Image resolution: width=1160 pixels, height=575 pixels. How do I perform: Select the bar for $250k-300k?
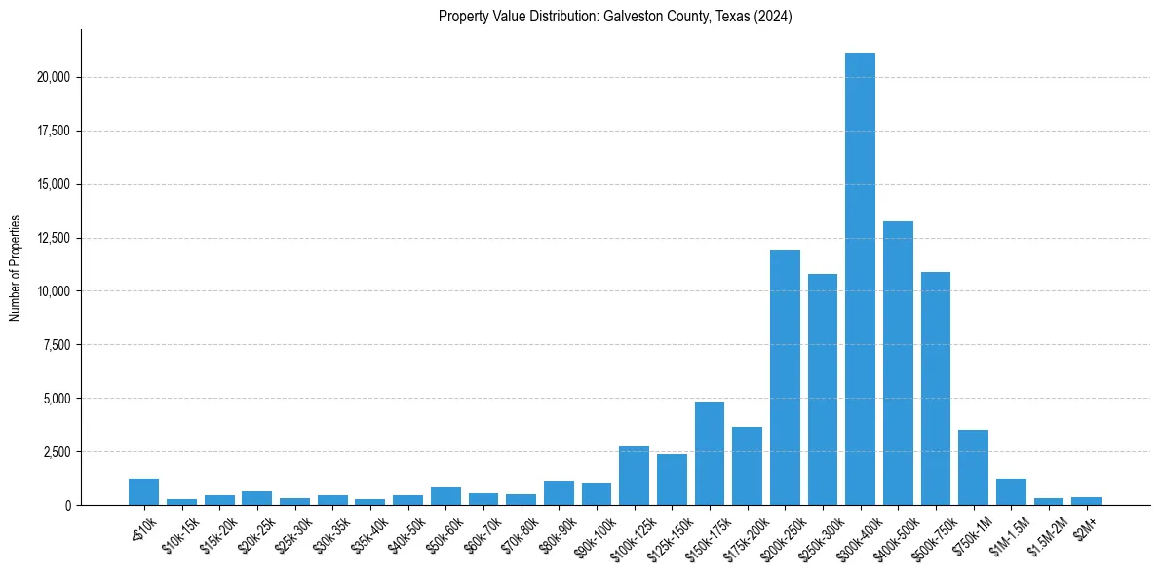823,389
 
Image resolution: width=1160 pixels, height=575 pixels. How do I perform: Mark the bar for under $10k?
143,491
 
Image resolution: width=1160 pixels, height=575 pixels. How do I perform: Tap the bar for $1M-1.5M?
1011,491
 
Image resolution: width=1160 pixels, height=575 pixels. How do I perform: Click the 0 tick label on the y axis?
67,506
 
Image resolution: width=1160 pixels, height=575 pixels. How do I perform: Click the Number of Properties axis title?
15,268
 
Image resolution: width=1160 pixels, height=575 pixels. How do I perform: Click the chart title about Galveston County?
615,16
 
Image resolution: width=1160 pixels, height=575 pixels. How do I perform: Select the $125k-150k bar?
672,479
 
